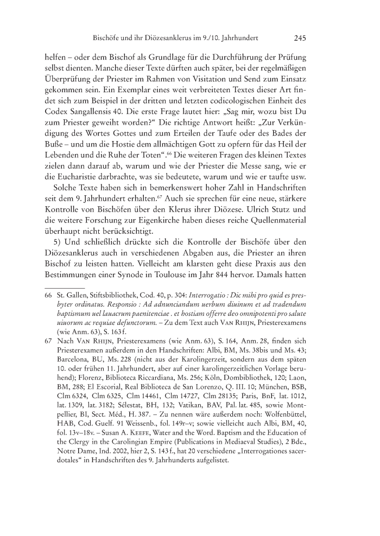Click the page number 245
click(301, 39)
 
